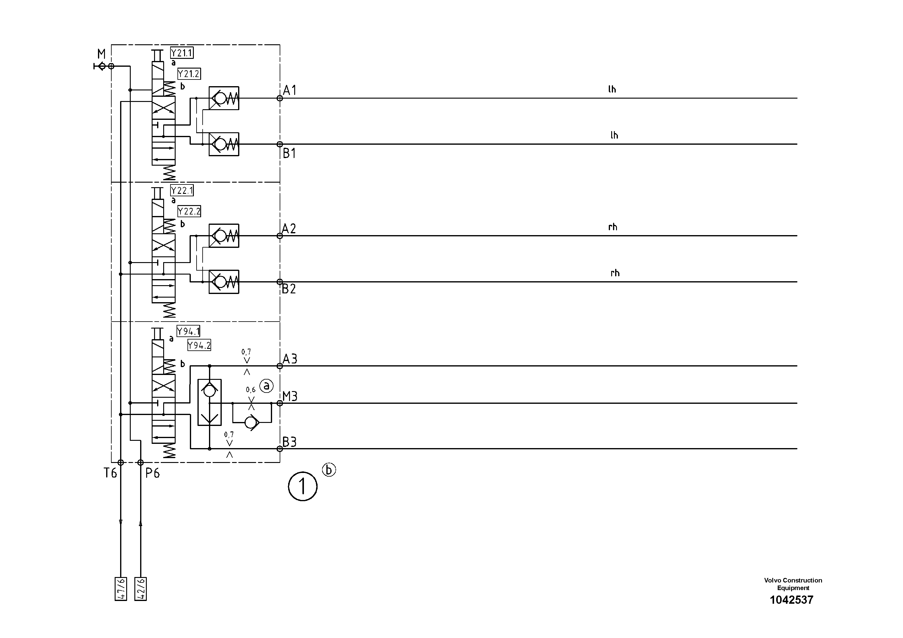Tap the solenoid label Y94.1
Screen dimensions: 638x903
pos(188,332)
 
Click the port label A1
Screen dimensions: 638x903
pos(289,90)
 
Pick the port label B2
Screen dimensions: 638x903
pos(289,289)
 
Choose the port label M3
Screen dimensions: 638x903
pos(290,397)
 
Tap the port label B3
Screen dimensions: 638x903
pos(289,442)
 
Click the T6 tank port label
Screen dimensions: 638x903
pos(110,473)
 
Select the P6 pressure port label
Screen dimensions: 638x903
pos(153,473)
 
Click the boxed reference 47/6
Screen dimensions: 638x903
pos(121,589)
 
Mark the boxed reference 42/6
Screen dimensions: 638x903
pos(140,589)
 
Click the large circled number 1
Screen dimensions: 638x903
pos(302,487)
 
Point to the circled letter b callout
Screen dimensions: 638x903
pos(329,470)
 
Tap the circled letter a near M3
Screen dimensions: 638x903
pos(266,386)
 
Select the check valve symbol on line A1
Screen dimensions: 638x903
pos(224,98)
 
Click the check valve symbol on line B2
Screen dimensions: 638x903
pos(224,282)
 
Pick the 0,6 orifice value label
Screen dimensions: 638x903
pos(251,390)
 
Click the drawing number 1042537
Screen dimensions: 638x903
pos(791,600)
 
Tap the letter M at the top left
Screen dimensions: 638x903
pos(102,54)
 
